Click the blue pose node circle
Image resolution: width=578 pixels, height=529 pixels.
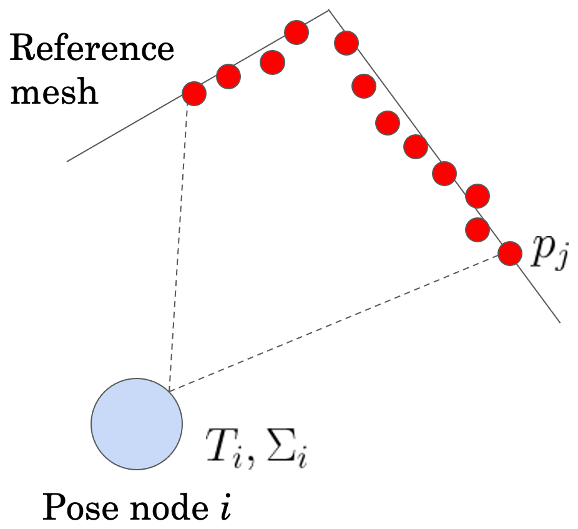pyautogui.click(x=137, y=423)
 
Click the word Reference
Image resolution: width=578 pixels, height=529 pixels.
pyautogui.click(x=92, y=49)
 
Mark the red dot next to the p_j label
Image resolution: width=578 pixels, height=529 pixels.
pyautogui.click(x=510, y=253)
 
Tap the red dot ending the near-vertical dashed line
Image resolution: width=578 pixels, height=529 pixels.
pyautogui.click(x=194, y=94)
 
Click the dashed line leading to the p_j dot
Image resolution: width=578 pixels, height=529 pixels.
pyautogui.click(x=337, y=322)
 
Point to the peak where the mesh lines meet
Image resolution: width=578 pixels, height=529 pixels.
pyautogui.click(x=328, y=10)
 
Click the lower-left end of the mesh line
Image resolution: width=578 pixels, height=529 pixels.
pyautogui.click(x=68, y=161)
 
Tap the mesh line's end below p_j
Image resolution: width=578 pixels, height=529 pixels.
pyautogui.click(x=559, y=322)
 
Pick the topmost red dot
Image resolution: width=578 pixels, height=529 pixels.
pyautogui.click(x=296, y=32)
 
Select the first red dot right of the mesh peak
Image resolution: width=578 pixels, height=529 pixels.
pyautogui.click(x=346, y=43)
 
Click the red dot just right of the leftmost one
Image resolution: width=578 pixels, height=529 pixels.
pyautogui.click(x=228, y=77)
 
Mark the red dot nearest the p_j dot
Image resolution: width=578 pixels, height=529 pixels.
pyautogui.click(x=478, y=229)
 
